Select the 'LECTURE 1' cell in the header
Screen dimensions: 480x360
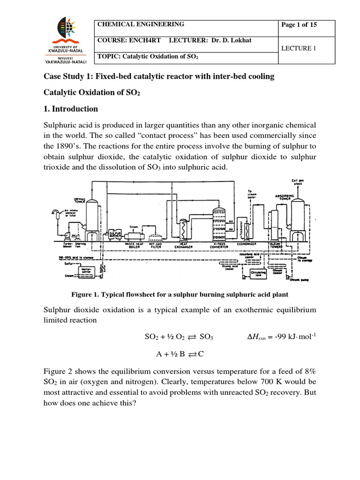point(299,48)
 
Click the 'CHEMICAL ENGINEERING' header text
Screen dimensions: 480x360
point(141,25)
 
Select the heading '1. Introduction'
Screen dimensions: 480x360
point(71,109)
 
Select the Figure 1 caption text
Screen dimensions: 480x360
point(180,294)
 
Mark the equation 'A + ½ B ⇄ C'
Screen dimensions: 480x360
point(180,355)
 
